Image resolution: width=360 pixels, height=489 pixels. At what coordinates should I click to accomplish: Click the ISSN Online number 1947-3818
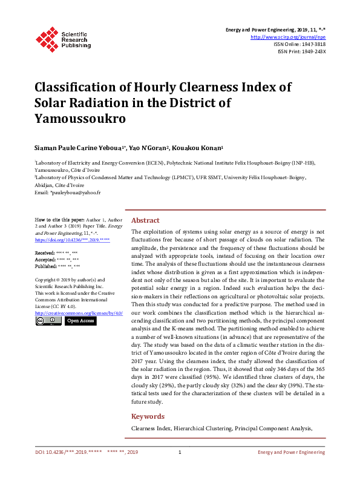[x=312, y=44]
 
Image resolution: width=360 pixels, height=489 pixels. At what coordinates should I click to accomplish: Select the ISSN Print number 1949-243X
[x=312, y=51]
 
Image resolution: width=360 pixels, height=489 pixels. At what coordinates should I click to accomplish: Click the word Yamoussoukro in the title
[x=80, y=118]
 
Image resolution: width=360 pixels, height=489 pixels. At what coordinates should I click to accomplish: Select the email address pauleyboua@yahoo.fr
[x=76, y=192]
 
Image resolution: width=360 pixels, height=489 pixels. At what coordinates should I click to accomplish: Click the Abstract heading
[x=145, y=221]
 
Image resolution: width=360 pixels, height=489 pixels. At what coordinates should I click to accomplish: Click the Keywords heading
[x=148, y=416]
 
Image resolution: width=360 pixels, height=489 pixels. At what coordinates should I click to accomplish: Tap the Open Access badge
[x=80, y=321]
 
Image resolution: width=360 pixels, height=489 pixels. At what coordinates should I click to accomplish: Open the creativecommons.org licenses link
[x=79, y=313]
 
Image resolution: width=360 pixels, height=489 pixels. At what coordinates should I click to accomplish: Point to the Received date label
[x=44, y=252]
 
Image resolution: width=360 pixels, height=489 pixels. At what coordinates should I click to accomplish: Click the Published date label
[x=45, y=266]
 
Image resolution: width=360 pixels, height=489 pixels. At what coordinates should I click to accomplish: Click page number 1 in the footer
[x=180, y=452]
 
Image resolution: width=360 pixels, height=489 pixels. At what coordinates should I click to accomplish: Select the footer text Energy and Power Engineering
[x=292, y=452]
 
